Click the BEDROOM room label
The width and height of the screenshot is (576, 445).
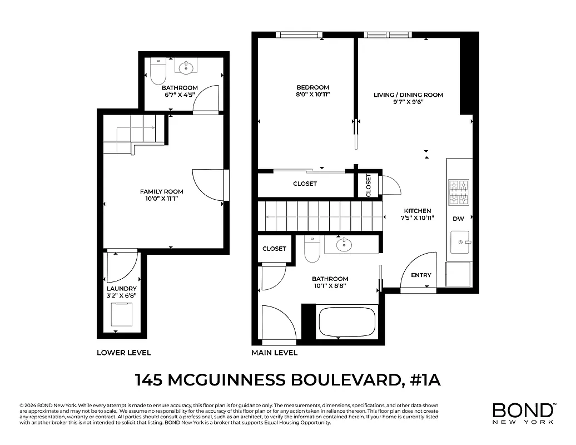(312, 87)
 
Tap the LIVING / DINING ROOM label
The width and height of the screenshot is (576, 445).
(408, 95)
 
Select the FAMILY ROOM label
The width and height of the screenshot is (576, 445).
(161, 191)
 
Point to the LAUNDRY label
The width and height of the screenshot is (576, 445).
(122, 288)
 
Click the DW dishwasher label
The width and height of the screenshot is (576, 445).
(458, 219)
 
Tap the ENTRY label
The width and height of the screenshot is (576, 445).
(420, 275)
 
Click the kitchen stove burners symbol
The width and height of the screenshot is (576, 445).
(459, 192)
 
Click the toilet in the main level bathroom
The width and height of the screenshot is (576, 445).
(312, 250)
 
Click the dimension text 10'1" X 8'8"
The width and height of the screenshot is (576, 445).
(330, 286)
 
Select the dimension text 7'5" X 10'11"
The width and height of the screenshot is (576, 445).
(418, 218)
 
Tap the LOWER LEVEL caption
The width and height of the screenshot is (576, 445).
(123, 353)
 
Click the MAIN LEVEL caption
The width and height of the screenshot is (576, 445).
(274, 353)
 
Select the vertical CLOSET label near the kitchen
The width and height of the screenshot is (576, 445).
(369, 185)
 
